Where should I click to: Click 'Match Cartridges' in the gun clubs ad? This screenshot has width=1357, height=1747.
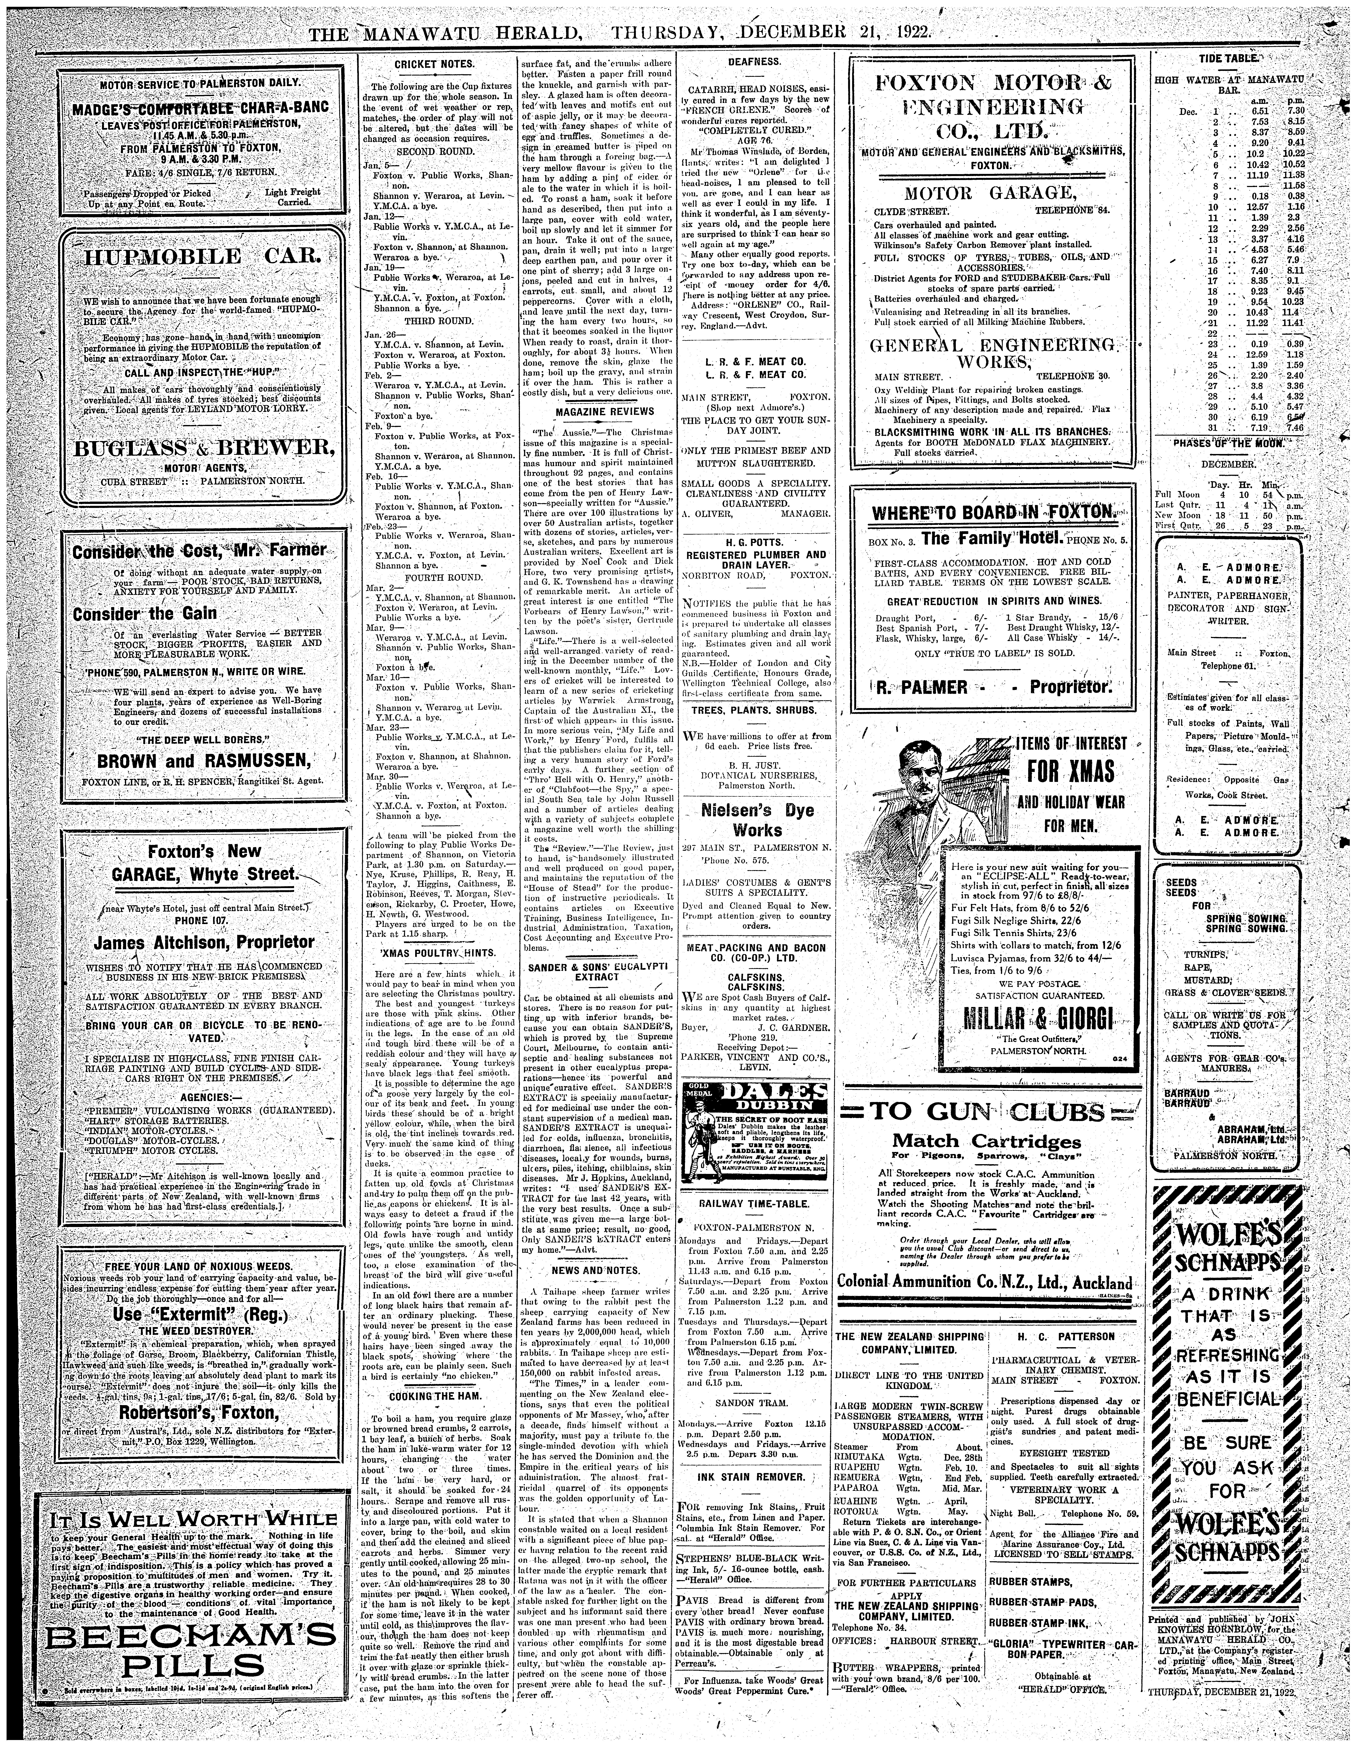pyautogui.click(x=986, y=1141)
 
